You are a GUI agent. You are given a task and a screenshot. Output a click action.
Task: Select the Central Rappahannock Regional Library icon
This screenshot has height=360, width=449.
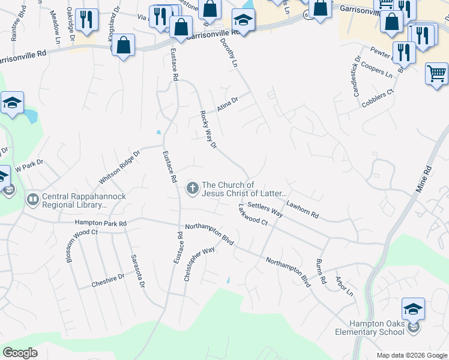[33, 198]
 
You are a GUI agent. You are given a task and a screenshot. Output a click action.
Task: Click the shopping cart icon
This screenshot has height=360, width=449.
[436, 74]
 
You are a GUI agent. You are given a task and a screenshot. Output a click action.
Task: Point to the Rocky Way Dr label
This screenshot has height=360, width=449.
[207, 130]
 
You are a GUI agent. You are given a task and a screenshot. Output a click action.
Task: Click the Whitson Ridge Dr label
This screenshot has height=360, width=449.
[119, 167]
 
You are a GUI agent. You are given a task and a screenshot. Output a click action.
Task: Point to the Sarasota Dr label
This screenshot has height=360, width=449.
[138, 271]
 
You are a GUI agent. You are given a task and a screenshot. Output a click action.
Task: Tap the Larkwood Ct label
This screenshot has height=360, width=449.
[252, 215]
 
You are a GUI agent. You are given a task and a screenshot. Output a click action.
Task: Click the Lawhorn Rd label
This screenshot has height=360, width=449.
[302, 209]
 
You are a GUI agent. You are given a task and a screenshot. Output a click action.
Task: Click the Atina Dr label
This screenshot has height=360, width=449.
[228, 104]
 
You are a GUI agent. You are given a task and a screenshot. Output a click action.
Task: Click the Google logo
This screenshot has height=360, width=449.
[20, 353]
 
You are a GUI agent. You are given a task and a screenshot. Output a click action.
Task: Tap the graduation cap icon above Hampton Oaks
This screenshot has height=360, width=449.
[413, 308]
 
